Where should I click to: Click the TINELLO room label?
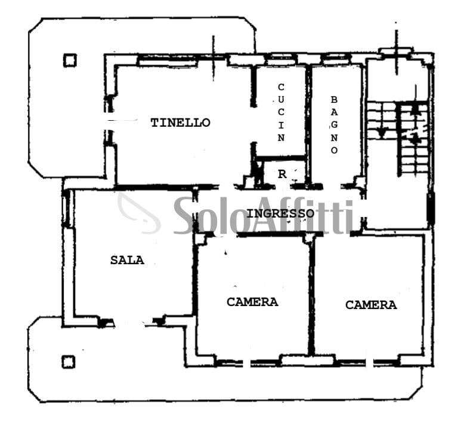coord(181,123)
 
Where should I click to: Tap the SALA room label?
coord(128,260)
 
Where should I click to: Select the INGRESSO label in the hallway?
coord(280,213)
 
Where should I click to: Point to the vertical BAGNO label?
coord(334,125)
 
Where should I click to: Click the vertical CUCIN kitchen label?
coord(281,112)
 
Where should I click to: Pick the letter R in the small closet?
coord(282,174)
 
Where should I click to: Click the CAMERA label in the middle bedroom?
coord(252,302)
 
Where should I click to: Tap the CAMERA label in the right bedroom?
coord(371,305)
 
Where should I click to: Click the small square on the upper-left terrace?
coord(70,60)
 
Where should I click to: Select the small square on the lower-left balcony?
coord(69,362)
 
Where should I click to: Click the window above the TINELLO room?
coord(168,62)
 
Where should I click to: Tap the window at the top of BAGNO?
coord(336,59)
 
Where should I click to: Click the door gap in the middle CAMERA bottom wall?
coord(247,363)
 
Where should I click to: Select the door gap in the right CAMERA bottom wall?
coord(370,363)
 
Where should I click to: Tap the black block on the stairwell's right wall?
coord(431,208)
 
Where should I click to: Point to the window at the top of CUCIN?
coord(280,59)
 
